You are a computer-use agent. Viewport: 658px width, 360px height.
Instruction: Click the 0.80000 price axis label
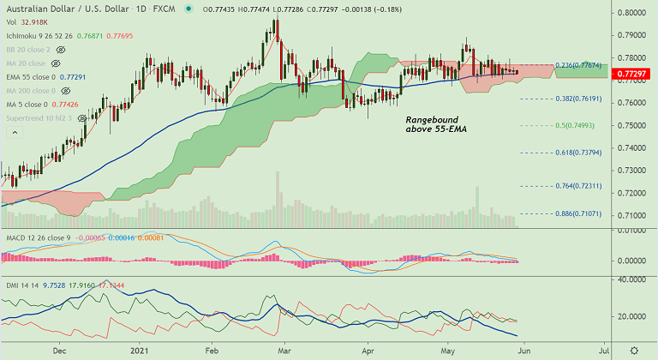[x=632, y=14]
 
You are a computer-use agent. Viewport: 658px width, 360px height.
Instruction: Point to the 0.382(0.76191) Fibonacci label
[x=579, y=99]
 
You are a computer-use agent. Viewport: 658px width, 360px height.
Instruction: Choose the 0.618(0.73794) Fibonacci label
[x=579, y=153]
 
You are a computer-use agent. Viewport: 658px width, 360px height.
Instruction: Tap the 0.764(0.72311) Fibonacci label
[x=579, y=186]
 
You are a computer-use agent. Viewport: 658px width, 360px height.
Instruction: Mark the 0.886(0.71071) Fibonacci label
[x=579, y=213]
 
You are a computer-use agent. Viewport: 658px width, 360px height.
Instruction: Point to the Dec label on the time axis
[x=60, y=351]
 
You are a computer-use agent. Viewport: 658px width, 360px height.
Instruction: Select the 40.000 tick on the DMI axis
[x=633, y=279]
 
